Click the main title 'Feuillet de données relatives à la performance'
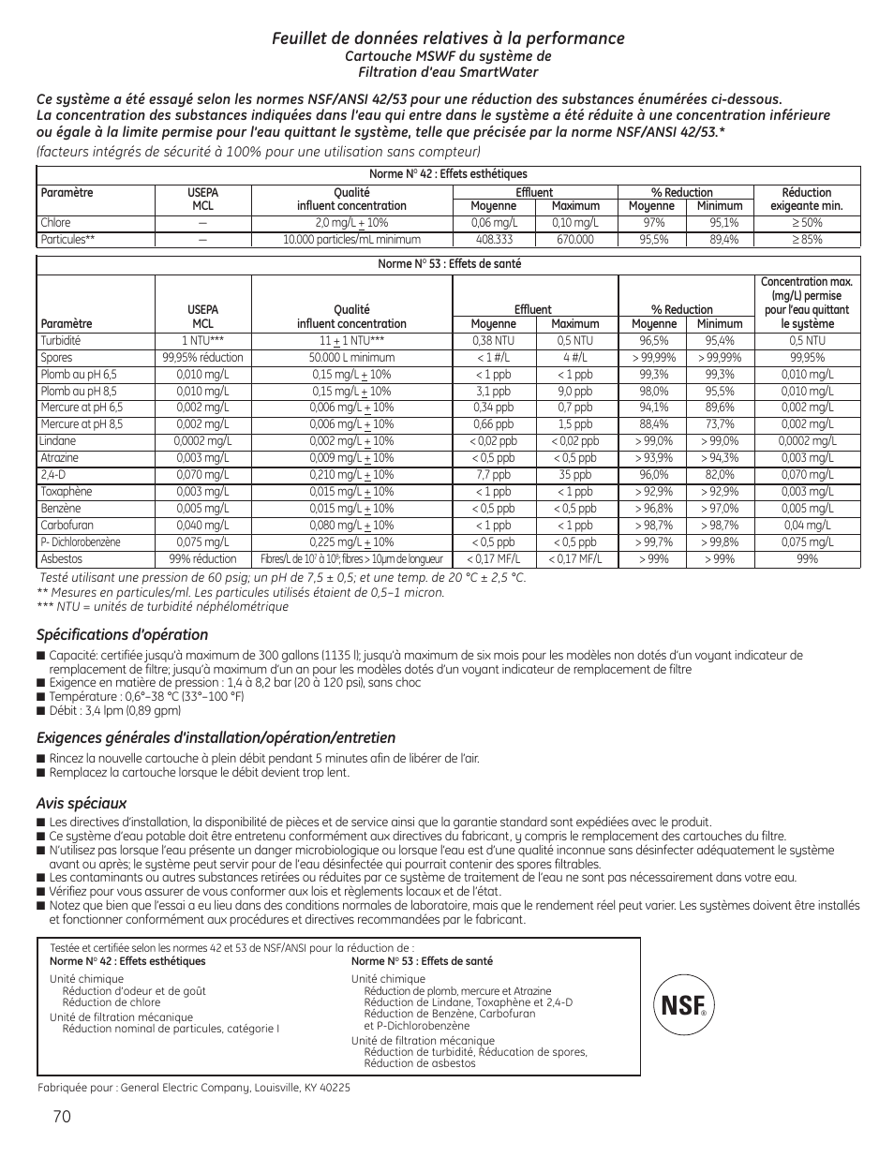tap(448, 38)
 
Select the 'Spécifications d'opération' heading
tap(122, 635)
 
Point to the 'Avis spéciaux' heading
tap(82, 803)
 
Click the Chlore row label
tap(56, 223)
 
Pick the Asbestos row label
tap(62, 559)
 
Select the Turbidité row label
tap(61, 341)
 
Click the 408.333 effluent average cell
tap(493, 240)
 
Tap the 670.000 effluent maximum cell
tap(575, 240)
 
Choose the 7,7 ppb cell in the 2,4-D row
tap(493, 475)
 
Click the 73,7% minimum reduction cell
tap(720, 424)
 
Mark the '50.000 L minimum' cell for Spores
tap(351, 358)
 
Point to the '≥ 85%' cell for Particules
tap(806, 240)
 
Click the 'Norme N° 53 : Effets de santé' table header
tap(449, 264)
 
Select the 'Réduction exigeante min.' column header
tap(806, 199)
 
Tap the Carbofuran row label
tap(67, 526)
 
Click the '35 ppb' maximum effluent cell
tap(575, 475)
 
